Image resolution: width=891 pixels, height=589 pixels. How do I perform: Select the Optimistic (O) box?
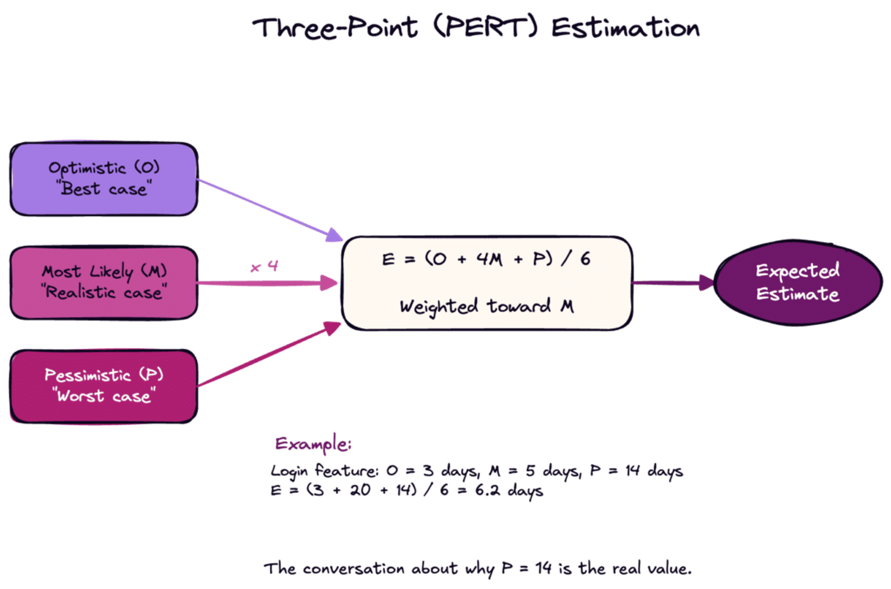pos(104,179)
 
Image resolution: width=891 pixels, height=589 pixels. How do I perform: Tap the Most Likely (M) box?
pos(104,282)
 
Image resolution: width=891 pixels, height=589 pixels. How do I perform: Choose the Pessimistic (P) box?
pos(104,386)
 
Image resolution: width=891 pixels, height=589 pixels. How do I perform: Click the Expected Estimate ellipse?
pos(798,283)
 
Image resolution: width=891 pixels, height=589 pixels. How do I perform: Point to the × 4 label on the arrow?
pos(265,266)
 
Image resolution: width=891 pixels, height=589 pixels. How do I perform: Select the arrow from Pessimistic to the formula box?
pos(269,355)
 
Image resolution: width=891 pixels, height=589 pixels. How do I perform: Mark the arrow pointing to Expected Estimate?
pos(672,282)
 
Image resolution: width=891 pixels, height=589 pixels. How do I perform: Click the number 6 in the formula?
pos(585,259)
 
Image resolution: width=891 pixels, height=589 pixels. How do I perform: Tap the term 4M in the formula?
pos(488,260)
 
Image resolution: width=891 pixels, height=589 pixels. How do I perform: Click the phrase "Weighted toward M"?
pos(486,306)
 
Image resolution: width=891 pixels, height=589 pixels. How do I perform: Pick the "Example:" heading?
pos(313,444)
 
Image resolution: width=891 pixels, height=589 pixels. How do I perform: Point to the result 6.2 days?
pos(509,490)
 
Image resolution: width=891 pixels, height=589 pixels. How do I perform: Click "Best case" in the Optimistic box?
pos(104,189)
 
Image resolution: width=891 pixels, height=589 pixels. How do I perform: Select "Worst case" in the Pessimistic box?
pos(104,397)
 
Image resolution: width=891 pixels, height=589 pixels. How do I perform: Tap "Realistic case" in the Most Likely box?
pos(104,293)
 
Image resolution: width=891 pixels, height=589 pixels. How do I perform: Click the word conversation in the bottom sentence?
pos(353,568)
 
